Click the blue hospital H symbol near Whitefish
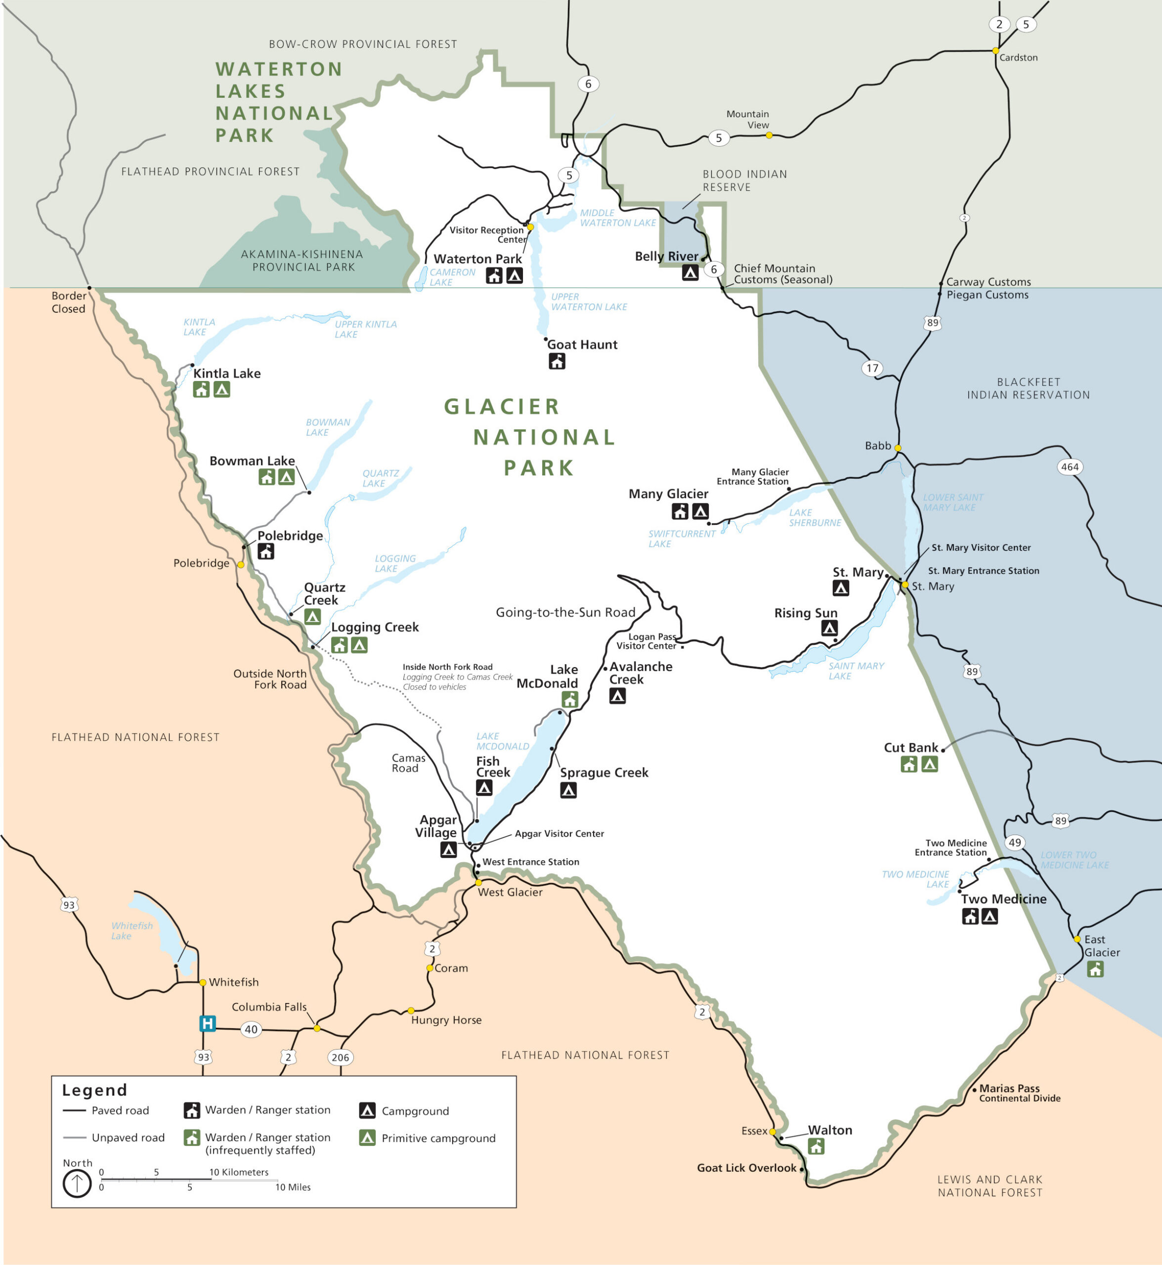[208, 1023]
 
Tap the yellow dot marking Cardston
[995, 50]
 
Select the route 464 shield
[1070, 466]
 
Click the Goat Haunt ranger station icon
[557, 361]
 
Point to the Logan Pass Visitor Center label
[647, 641]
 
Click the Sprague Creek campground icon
[568, 790]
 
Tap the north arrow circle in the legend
[77, 1184]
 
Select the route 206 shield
[340, 1057]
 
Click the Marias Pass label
[1009, 1088]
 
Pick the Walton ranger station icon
[816, 1147]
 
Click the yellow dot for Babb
[898, 448]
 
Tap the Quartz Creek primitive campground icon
[312, 617]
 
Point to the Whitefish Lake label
[131, 930]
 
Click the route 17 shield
[872, 368]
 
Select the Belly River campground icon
[690, 272]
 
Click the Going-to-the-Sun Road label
[565, 612]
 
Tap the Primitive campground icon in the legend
[368, 1138]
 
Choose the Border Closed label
[69, 302]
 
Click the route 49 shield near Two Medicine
[1015, 843]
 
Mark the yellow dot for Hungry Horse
[411, 1011]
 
